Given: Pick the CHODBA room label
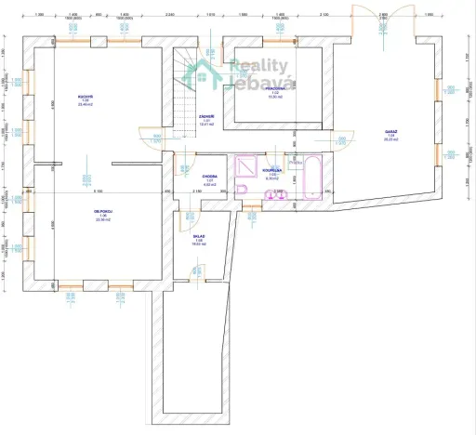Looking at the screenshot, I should pyautogui.click(x=209, y=177).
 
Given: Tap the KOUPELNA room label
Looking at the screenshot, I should pyautogui.click(x=271, y=173).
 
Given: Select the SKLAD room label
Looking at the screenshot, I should pyautogui.click(x=199, y=239).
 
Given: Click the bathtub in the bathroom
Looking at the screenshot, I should pyautogui.click(x=311, y=178).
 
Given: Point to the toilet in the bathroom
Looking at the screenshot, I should pyautogui.click(x=243, y=191).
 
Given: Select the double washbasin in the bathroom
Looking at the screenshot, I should pyautogui.click(x=275, y=194).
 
